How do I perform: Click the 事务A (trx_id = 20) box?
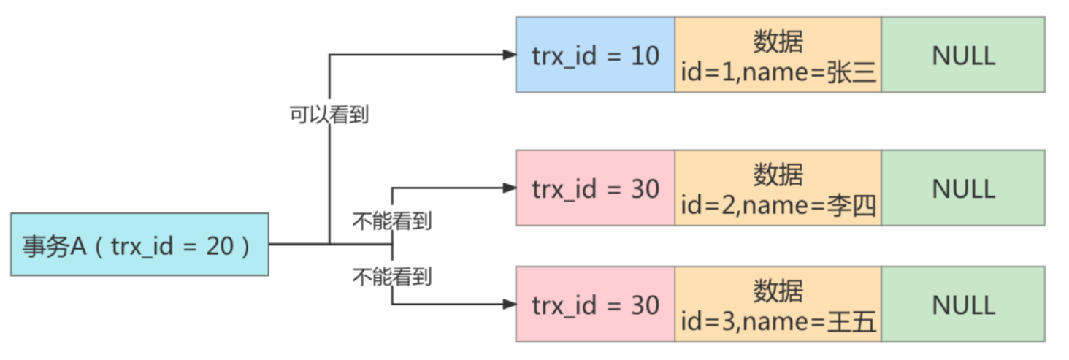coord(139,245)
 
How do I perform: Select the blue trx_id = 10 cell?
coord(595,55)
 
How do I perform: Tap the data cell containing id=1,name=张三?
coord(778,55)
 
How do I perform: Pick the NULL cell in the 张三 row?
coord(962,55)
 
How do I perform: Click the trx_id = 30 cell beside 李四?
coord(595,188)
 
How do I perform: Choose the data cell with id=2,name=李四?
coord(778,188)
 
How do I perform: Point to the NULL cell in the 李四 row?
coord(962,188)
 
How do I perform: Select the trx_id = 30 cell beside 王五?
coord(595,305)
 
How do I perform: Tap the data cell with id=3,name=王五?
coord(778,305)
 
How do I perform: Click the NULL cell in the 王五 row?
coord(962,305)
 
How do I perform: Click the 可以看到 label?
coord(329,115)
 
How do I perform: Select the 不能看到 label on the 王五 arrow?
coord(392,276)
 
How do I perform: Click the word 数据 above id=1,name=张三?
coord(778,42)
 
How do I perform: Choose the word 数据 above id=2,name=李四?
coord(778,175)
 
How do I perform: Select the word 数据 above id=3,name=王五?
coord(778,291)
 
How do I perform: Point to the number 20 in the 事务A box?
coord(219,246)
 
